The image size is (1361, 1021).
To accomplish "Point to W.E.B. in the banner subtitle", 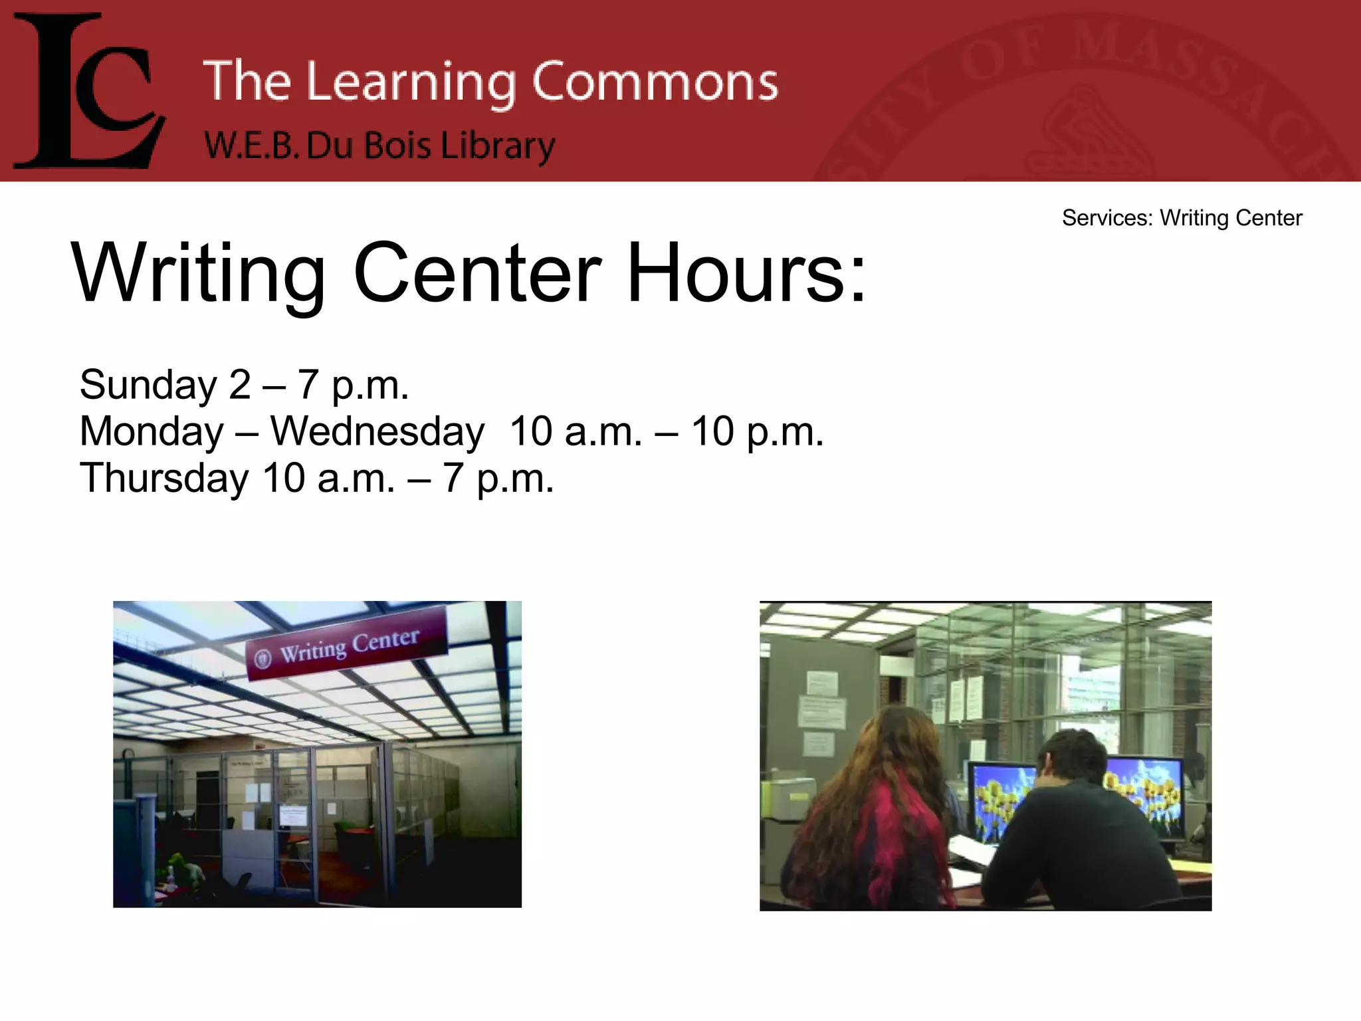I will coord(249,146).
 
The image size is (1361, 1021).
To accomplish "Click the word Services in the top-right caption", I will coord(1106,218).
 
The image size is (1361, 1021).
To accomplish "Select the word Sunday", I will coord(148,385).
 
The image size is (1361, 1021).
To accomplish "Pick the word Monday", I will coord(152,431).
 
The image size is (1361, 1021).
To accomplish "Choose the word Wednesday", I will coord(377,431).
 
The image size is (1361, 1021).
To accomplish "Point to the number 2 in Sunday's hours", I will coord(239,385).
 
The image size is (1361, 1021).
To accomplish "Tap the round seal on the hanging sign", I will coord(263,658).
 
